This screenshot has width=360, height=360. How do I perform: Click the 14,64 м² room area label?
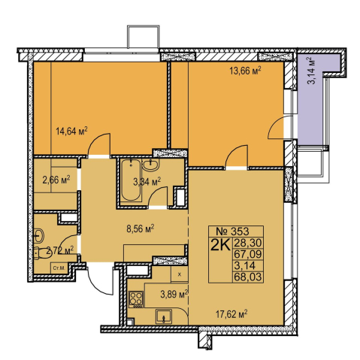[x=71, y=131]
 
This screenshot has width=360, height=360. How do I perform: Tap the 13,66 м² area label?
[x=246, y=71]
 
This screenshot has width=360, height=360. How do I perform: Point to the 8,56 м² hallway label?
[x=141, y=228]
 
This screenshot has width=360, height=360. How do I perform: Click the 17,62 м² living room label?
[x=231, y=313]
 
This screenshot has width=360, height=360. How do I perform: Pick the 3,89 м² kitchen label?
[x=174, y=294]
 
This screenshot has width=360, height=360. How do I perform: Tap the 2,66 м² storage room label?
[x=56, y=180]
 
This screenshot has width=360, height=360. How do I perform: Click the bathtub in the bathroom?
[x=131, y=180]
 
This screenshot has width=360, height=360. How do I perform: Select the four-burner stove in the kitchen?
[x=136, y=299]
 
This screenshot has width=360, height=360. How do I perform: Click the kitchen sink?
[x=164, y=316]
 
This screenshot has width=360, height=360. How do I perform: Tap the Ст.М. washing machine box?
[x=59, y=268]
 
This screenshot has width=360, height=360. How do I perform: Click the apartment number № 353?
[x=232, y=231]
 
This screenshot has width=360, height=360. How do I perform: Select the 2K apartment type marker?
[x=220, y=245]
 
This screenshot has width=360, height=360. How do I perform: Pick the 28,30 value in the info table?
[x=248, y=243]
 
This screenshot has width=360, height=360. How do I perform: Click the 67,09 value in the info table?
[x=248, y=254]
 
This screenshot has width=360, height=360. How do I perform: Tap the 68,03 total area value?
[x=248, y=277]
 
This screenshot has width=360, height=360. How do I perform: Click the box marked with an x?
[x=180, y=274]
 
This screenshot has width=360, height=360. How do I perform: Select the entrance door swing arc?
[x=96, y=285]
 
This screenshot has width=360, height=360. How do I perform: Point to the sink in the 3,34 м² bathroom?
[x=150, y=165]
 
